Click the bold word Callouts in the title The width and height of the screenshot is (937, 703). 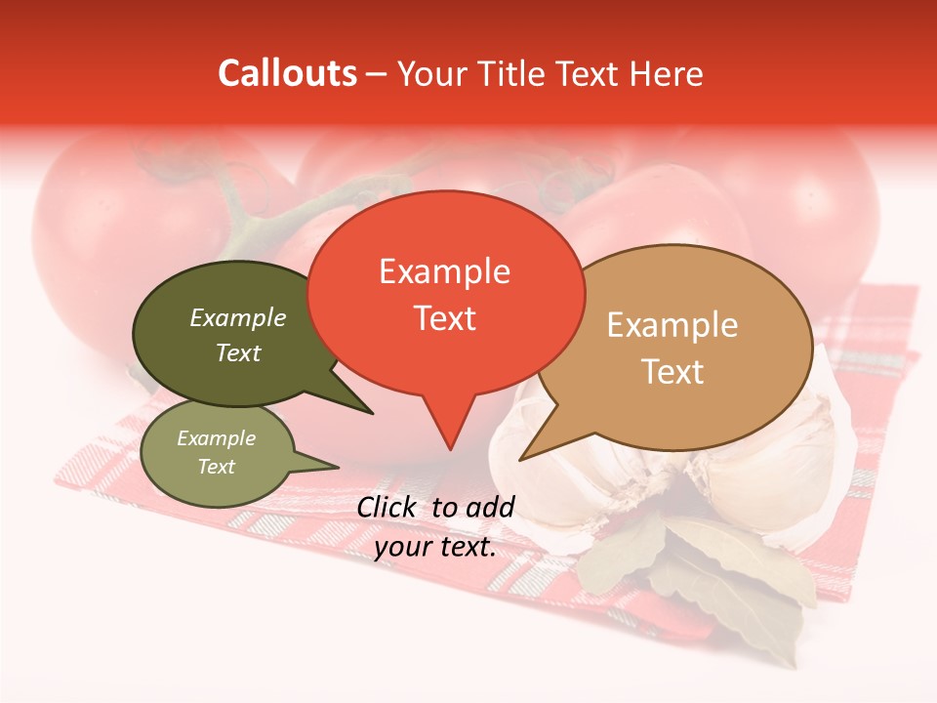(x=287, y=73)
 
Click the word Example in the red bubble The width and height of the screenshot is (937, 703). (x=444, y=271)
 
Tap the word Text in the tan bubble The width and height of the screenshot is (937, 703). (x=672, y=371)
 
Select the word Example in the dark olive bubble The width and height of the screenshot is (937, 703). (x=238, y=317)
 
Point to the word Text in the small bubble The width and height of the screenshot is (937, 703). (x=217, y=467)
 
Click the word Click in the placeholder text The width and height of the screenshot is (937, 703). (x=387, y=507)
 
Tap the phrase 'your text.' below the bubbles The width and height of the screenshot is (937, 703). (x=435, y=547)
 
